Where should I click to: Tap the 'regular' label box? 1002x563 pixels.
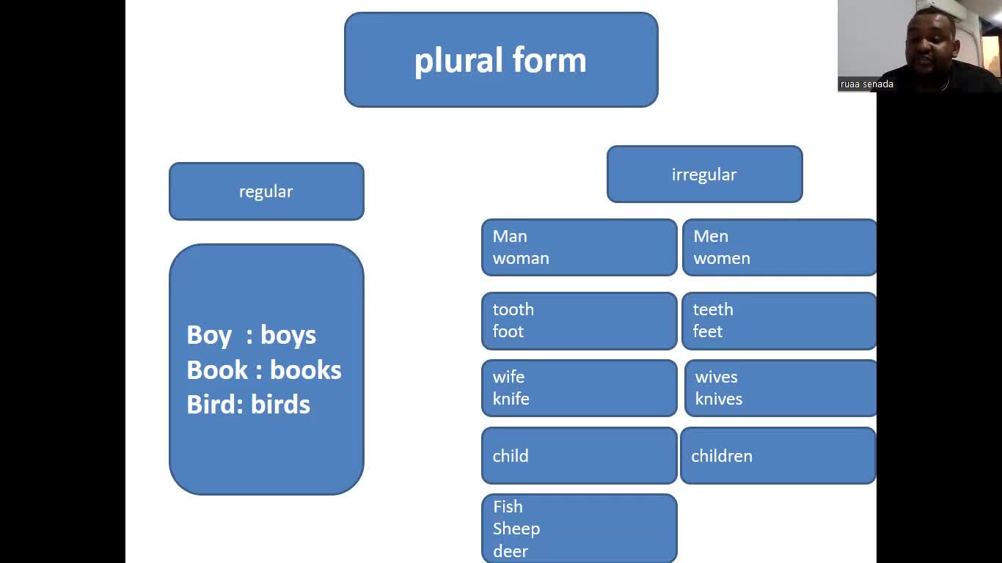266,191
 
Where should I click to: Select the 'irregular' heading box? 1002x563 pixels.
704,174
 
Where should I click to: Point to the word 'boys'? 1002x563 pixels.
288,335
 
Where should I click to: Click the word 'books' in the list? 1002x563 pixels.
305,370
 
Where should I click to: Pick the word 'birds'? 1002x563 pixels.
280,405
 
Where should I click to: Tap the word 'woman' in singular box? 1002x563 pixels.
521,259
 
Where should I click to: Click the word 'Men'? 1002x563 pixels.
711,236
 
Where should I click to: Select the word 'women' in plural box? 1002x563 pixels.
722,259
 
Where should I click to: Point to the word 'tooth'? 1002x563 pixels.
513,309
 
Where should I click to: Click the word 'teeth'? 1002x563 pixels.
713,309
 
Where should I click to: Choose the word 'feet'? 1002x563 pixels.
708,331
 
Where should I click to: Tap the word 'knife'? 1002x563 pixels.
511,399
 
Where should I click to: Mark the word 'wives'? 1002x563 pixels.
717,377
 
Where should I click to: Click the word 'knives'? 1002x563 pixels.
719,399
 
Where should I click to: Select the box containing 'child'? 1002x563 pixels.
579,456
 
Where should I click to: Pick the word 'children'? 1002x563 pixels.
722,456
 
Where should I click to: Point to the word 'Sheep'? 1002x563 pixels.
516,529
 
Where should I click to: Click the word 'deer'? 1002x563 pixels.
511,551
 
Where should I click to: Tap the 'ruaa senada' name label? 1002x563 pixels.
867,84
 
